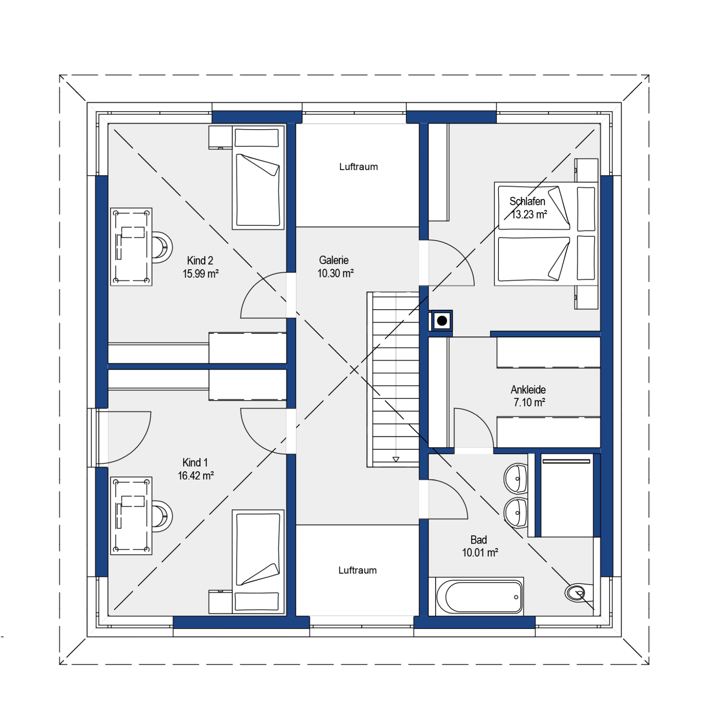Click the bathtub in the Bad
click(480, 597)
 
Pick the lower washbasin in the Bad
click(516, 512)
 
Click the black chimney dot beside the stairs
click(442, 321)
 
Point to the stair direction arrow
click(396, 459)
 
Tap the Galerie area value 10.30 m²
click(336, 273)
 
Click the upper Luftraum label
click(358, 167)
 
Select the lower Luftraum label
click(358, 570)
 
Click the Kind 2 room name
click(200, 261)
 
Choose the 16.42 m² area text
click(196, 476)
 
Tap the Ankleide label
click(528, 390)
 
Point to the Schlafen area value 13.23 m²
click(529, 215)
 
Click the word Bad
click(479, 540)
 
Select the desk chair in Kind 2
click(162, 247)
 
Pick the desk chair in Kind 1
click(162, 516)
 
